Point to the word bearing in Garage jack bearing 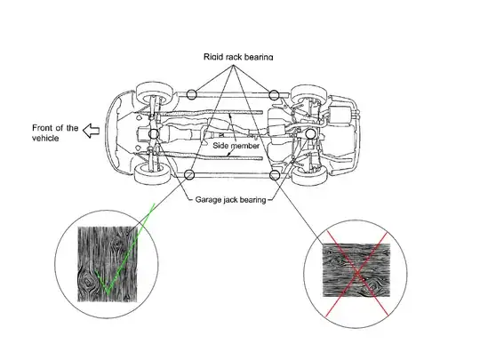(x=252, y=200)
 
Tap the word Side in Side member (x=220, y=146)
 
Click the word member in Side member (x=244, y=146)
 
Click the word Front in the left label (x=42, y=128)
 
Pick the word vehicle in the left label (x=45, y=138)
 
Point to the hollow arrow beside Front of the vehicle (x=92, y=131)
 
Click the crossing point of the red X (x=357, y=274)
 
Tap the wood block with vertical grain (x=108, y=264)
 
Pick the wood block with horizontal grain (x=356, y=270)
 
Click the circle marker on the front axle (x=154, y=133)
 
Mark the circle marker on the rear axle (x=310, y=133)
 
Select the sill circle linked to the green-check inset (x=190, y=175)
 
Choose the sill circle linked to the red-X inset (x=275, y=175)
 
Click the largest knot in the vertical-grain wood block (x=87, y=281)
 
